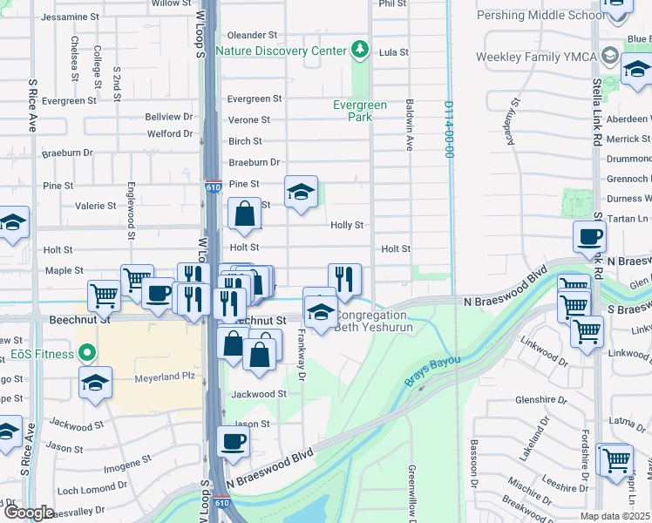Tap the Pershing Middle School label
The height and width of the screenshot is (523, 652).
tap(540, 16)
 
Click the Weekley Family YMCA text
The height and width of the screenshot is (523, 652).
tap(535, 57)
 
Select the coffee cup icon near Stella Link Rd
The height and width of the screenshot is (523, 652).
tap(589, 235)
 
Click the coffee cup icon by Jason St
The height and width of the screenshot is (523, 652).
tap(233, 441)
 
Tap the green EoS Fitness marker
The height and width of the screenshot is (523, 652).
tap(85, 353)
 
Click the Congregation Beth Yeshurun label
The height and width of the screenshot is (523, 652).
tap(371, 322)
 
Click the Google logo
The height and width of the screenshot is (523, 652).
tap(29, 513)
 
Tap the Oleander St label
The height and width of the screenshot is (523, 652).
tap(252, 35)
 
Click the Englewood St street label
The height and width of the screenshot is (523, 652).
tap(131, 210)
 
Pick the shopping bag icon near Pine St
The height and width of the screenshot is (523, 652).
tap(245, 212)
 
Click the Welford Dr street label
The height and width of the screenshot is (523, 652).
tap(169, 133)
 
